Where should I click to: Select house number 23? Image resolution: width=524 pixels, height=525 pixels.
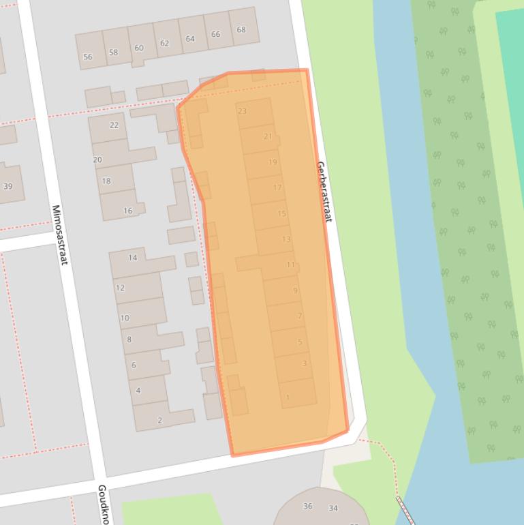242,111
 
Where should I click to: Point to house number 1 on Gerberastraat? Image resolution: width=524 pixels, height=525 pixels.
288,397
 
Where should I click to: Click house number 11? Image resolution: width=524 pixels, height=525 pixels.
291,265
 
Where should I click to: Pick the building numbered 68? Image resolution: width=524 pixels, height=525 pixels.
241,30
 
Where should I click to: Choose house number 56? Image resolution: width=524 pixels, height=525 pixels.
87,57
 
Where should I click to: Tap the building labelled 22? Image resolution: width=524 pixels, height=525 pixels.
114,125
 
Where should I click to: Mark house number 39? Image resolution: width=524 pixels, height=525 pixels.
8,186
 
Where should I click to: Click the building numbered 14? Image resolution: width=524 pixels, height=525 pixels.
133,258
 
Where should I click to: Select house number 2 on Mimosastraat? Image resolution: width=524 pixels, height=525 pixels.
160,421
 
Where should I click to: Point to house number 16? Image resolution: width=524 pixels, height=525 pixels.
127,211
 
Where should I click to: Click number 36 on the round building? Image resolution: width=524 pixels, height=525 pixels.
308,507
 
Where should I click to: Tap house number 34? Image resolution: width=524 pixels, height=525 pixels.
333,508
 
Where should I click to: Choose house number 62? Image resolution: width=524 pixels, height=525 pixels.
164,43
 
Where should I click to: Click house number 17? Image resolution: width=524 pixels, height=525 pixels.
277,187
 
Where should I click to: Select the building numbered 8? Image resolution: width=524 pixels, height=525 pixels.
129,340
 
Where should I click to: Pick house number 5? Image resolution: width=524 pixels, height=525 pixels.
300,342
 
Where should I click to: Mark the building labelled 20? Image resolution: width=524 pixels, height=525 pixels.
97,160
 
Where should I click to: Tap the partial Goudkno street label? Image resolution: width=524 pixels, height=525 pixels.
103,505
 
